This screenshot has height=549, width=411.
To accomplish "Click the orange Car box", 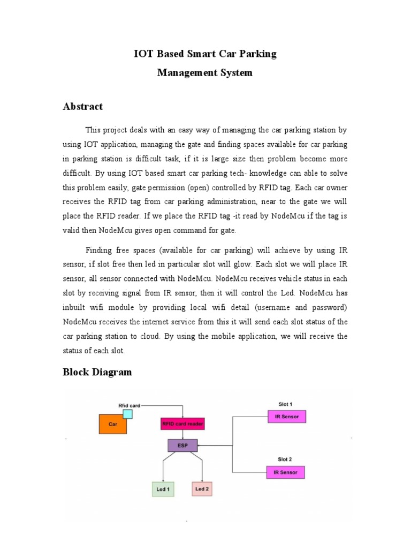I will [x=112, y=424].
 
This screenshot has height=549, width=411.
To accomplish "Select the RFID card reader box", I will [x=182, y=424].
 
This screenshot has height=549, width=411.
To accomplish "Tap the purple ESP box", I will [x=182, y=446].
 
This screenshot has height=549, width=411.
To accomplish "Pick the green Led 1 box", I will [x=163, y=489].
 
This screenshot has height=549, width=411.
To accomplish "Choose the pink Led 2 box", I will [x=202, y=489].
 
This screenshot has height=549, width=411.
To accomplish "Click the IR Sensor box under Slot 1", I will [x=286, y=417].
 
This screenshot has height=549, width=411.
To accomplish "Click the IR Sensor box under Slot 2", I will [x=285, y=472].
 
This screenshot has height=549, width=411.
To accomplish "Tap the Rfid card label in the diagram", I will [x=129, y=405].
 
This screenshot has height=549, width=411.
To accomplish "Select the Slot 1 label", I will [x=285, y=404].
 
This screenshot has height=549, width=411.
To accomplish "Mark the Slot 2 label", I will [x=285, y=459].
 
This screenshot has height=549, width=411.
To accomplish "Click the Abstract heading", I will [x=83, y=106].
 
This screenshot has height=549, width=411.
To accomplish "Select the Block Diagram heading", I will [x=97, y=372].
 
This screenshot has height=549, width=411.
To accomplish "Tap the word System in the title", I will [x=233, y=72].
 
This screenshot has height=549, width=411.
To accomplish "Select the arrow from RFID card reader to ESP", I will [x=182, y=435].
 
